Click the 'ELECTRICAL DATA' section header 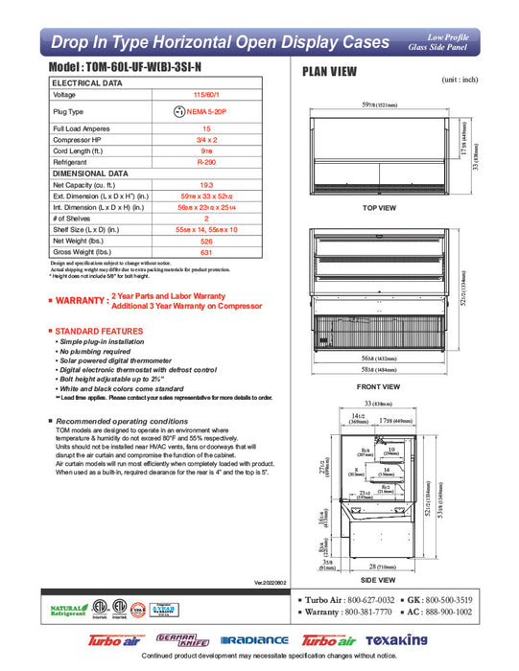pos(86,83)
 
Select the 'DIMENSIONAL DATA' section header pos(89,173)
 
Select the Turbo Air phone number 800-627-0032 pos(363,600)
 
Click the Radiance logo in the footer pos(254,640)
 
